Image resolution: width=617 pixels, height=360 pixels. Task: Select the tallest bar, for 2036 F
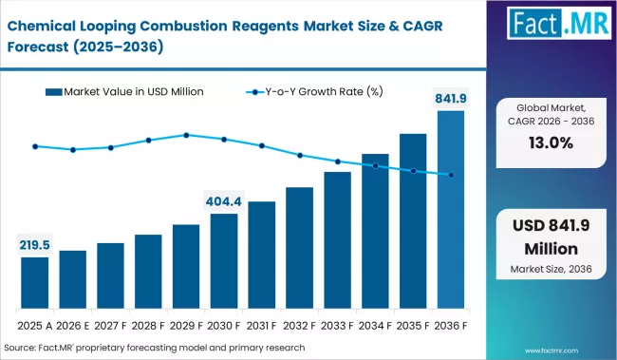(451, 210)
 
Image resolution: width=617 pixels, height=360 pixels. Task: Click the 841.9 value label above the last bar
(451, 97)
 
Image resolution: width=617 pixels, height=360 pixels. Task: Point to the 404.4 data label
(224, 201)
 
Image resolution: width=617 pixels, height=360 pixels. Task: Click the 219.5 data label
(35, 245)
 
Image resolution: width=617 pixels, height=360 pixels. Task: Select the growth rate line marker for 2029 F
(186, 135)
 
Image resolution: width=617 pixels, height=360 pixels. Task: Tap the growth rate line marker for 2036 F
(451, 175)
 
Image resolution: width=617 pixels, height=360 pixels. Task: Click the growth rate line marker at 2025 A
(35, 146)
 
